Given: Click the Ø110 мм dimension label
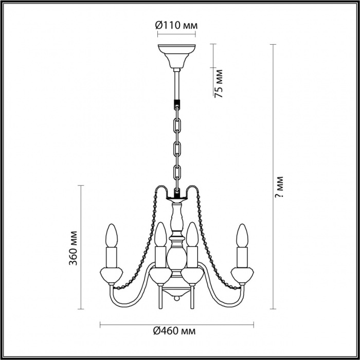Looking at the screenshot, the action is [176, 25].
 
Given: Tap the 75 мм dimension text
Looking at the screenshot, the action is [219, 83].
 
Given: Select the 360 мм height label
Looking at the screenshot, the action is [73, 248].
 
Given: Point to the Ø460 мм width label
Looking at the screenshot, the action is [174, 331].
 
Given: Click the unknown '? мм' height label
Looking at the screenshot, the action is [279, 187].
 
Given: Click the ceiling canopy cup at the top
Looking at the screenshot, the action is [176, 56].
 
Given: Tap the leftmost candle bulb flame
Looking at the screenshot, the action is [112, 236].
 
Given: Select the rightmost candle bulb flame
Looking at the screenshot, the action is [242, 236].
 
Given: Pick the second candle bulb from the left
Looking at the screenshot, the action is [160, 234].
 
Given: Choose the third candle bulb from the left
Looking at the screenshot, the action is [192, 234].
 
